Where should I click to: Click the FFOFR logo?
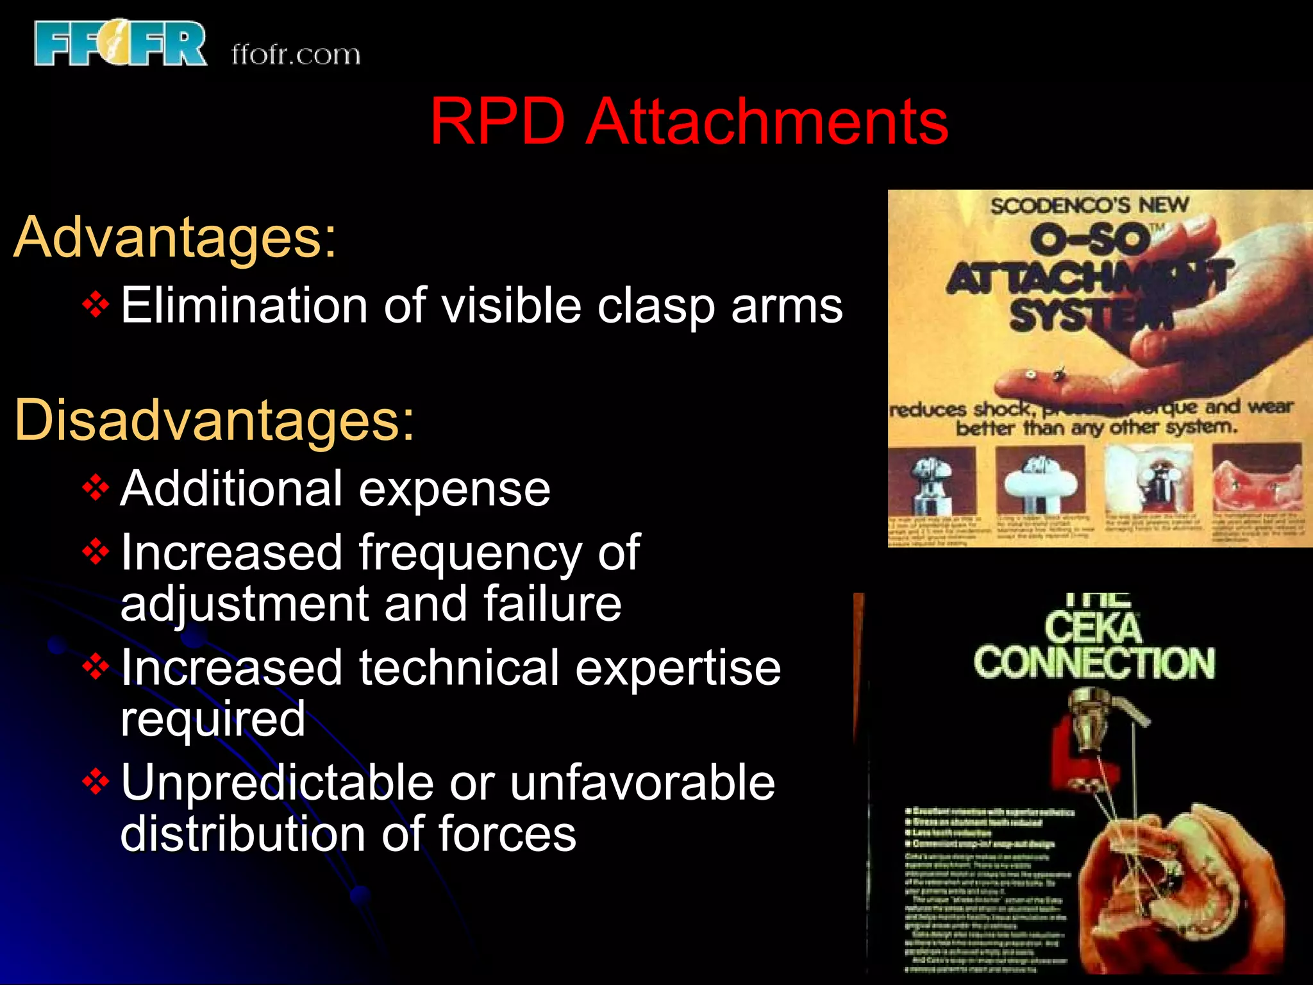click(121, 43)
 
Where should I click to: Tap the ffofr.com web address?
click(296, 55)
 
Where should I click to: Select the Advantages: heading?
click(174, 237)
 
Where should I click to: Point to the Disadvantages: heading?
click(214, 420)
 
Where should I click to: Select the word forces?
click(507, 834)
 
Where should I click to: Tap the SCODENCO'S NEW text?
click(1089, 206)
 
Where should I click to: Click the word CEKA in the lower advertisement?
click(1093, 628)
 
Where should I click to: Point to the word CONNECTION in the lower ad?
click(1094, 663)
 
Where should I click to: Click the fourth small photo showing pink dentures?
click(1257, 478)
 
